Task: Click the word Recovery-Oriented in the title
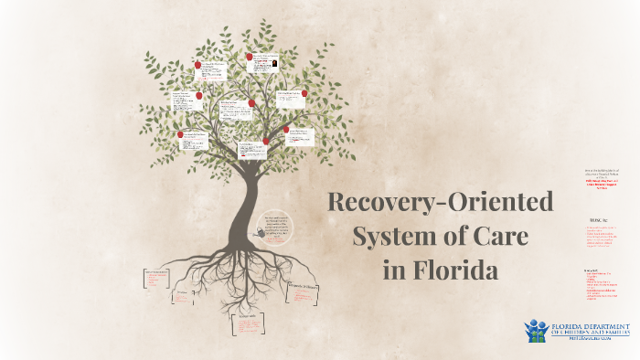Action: [x=442, y=202]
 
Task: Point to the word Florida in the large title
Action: [x=453, y=271]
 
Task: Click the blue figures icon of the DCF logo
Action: [x=535, y=330]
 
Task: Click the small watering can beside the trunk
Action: [x=266, y=234]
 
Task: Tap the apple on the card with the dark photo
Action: [x=250, y=56]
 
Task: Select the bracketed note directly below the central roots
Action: [x=246, y=323]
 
